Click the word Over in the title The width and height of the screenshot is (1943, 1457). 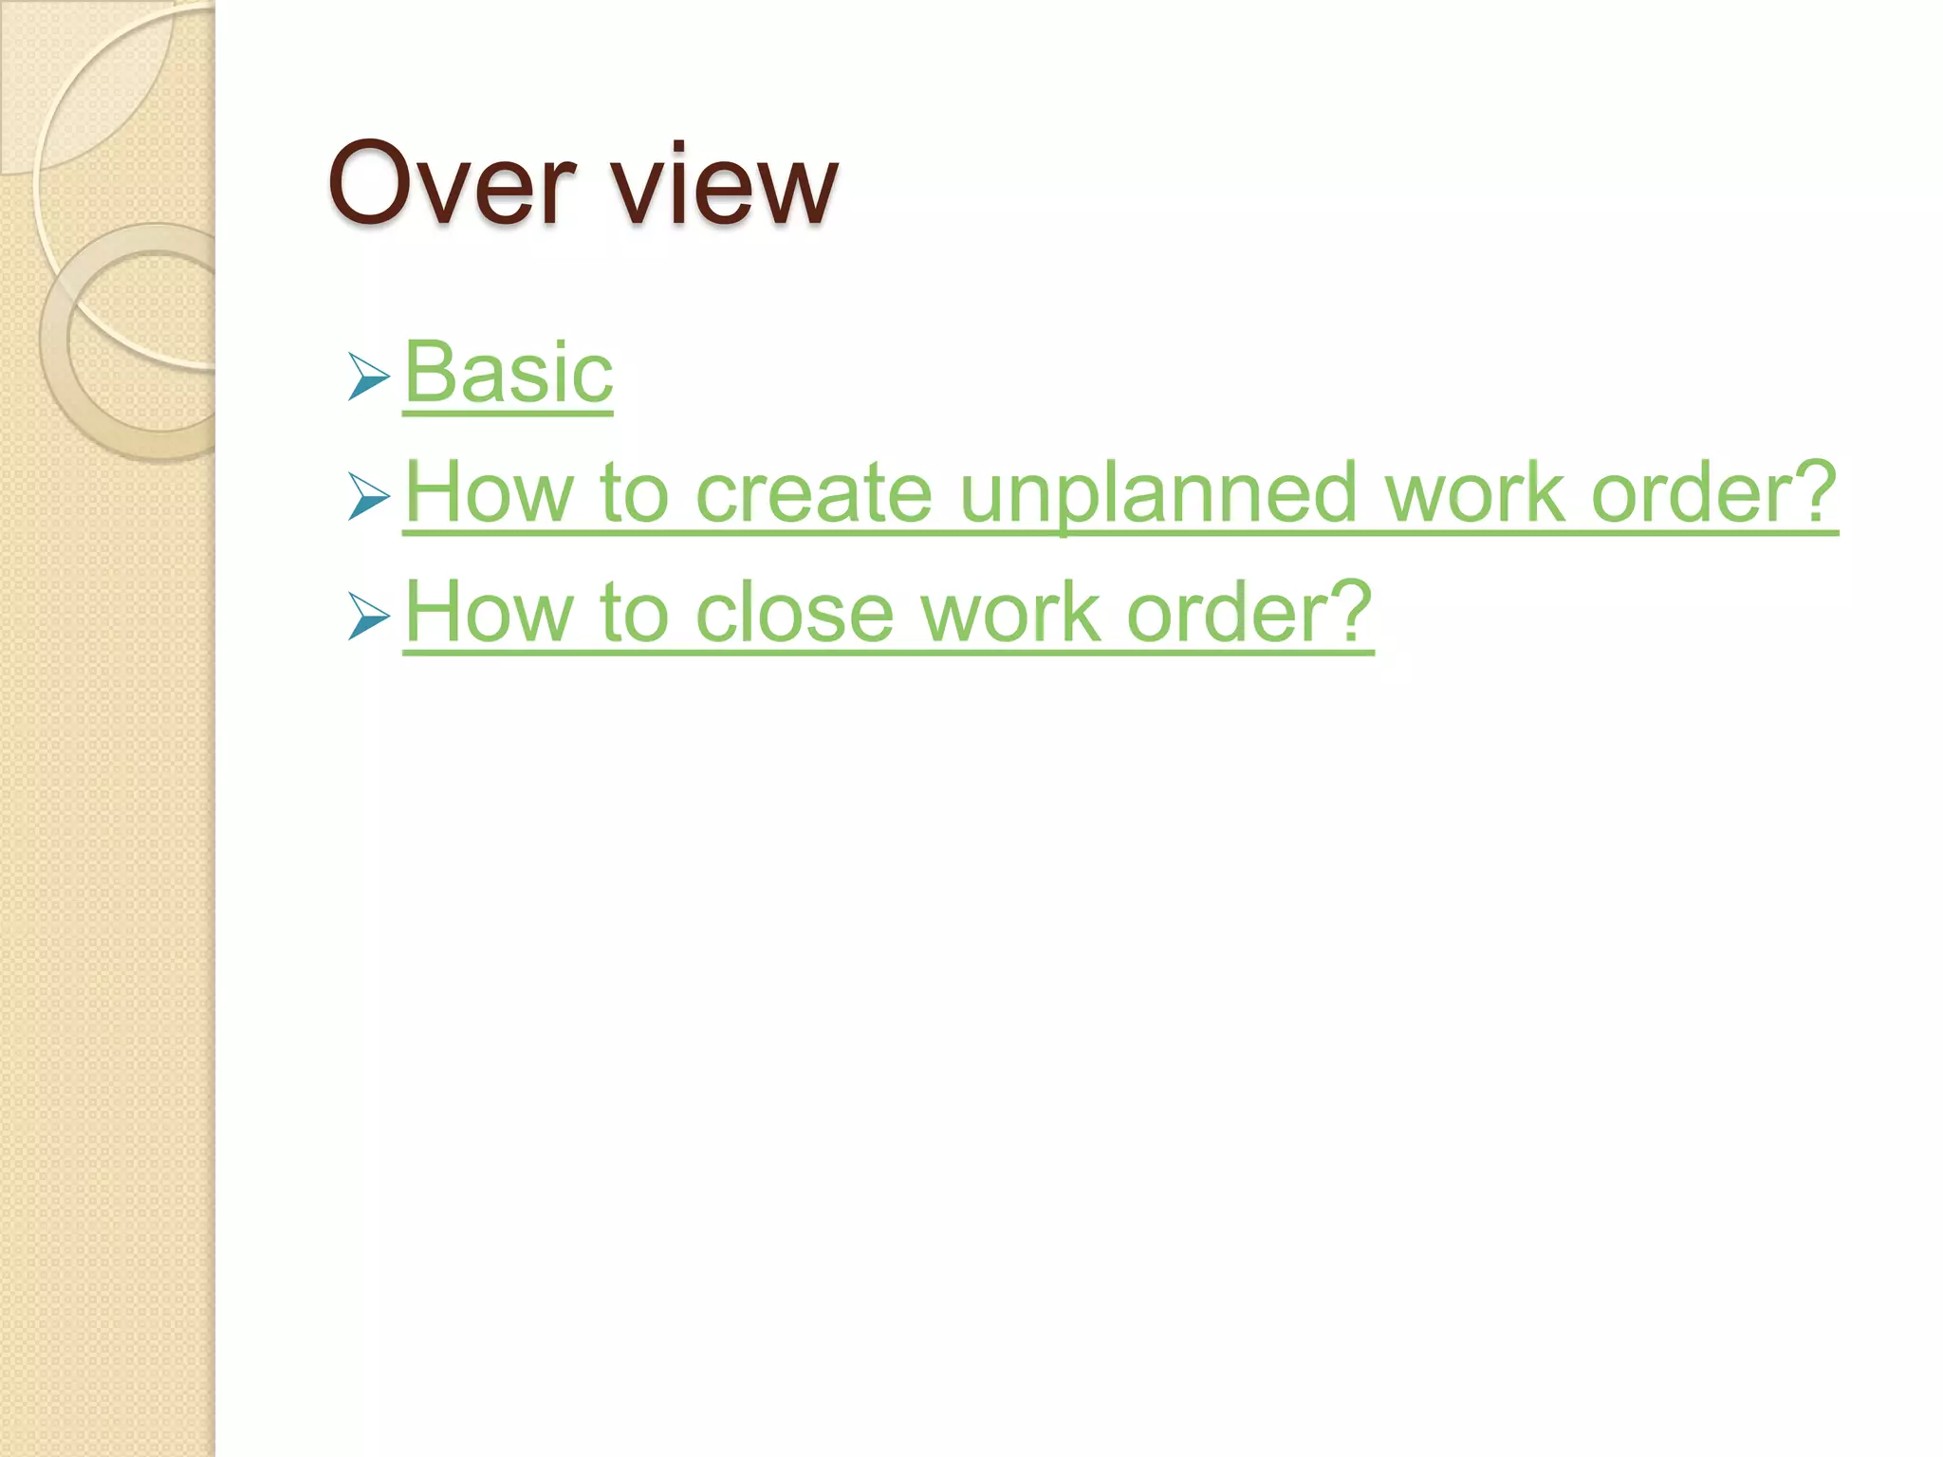pos(452,184)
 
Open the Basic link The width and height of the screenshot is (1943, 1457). pos(509,373)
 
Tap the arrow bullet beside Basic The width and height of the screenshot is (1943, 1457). pos(368,377)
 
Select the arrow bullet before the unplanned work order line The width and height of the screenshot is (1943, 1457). pos(368,496)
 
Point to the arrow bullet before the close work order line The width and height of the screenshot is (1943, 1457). pos(368,617)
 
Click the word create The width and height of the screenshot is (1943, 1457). pos(814,493)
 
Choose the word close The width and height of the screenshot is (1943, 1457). pos(794,613)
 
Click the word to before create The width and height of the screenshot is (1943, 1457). pos(634,493)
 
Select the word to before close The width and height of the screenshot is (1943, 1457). pos(634,613)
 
